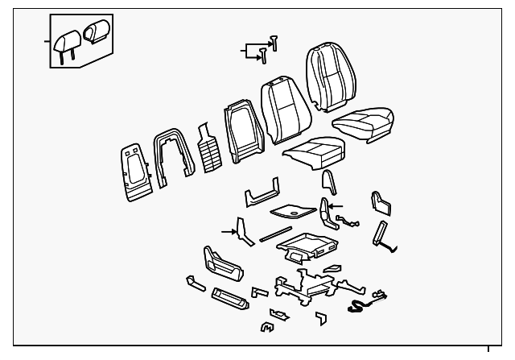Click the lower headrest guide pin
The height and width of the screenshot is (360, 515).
(x=263, y=55)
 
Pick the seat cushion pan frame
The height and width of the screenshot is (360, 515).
(x=309, y=246)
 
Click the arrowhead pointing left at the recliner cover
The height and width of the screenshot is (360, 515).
(x=331, y=206)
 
